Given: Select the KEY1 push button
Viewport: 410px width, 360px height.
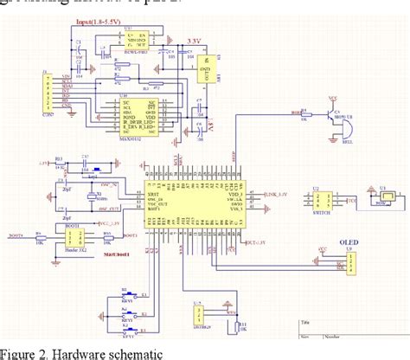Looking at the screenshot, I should point(127,294).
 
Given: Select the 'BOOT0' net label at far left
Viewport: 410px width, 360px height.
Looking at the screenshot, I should point(16,234).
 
